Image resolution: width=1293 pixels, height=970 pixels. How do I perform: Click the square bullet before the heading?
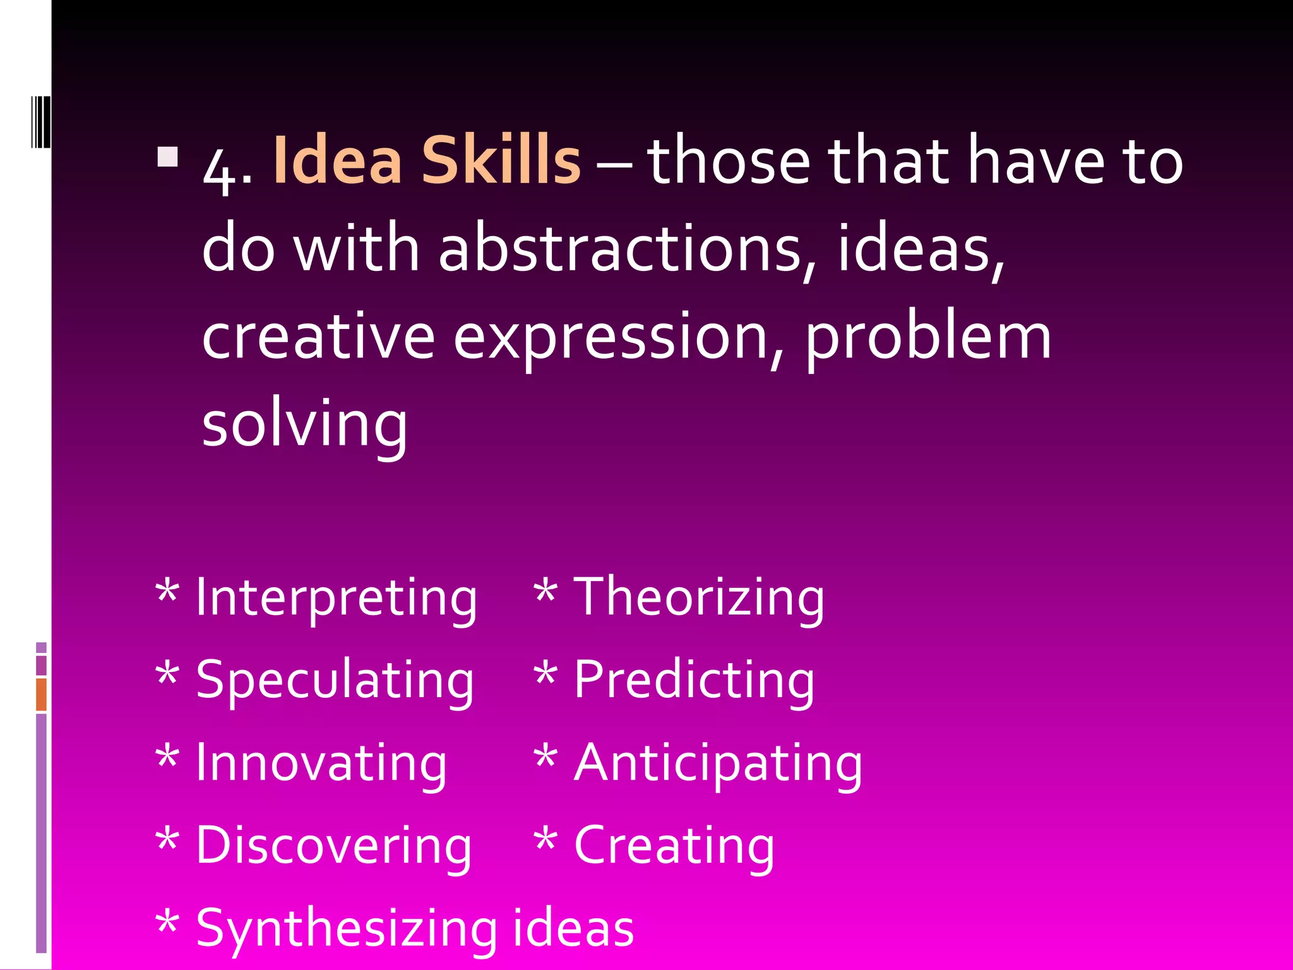pos(168,157)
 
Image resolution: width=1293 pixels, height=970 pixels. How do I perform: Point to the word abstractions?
pos(620,249)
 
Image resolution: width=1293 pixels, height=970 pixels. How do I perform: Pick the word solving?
pos(304,424)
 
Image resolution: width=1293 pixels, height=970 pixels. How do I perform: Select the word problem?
pos(928,338)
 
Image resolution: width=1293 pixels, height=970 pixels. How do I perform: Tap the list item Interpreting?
pos(337,597)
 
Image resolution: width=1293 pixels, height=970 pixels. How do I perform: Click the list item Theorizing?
pos(698,597)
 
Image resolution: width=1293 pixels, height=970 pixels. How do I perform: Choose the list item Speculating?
pos(335,681)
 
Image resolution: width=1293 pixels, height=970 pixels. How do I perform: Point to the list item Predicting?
pos(694,681)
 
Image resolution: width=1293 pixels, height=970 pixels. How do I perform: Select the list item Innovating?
pos(321,763)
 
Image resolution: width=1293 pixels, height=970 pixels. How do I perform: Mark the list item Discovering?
pos(333,846)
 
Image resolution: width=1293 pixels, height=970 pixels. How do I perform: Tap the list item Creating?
pos(674,846)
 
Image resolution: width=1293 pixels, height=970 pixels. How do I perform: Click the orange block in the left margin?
pos(41,695)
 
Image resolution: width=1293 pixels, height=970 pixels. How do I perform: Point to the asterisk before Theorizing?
pos(545,594)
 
